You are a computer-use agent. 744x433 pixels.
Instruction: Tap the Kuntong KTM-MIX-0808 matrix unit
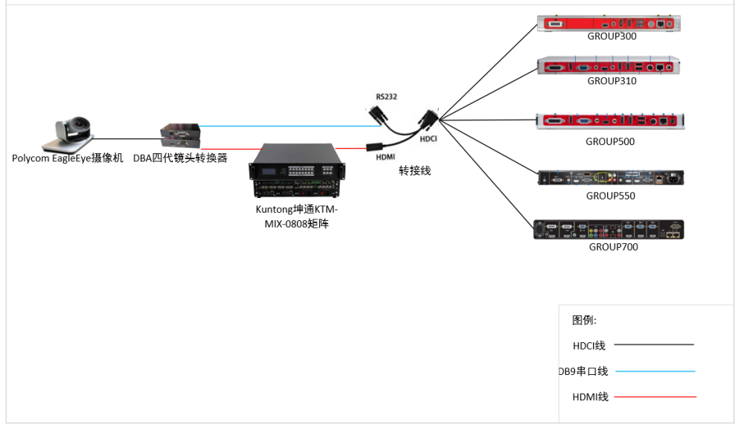(295, 175)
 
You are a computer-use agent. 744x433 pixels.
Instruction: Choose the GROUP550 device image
(610, 177)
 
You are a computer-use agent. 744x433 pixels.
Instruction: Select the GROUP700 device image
(609, 229)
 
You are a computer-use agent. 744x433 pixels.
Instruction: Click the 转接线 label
(414, 170)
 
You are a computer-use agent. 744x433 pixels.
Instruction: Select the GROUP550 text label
(610, 196)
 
